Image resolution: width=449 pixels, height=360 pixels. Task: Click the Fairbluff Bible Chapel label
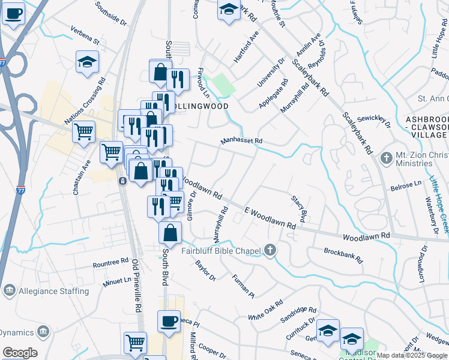tap(221, 251)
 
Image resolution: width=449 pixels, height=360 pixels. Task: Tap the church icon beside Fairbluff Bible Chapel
tap(270, 250)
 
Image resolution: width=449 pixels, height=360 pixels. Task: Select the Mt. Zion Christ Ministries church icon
tap(386, 158)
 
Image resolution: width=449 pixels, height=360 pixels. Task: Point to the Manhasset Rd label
tap(241, 141)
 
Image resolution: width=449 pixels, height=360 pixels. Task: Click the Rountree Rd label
tap(111, 263)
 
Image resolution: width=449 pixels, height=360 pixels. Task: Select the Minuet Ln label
tap(116, 280)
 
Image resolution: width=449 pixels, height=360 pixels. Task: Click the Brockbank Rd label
tap(343, 256)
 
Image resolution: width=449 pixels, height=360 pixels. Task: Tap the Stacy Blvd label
tap(299, 208)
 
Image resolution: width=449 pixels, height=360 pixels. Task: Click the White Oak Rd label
tap(265, 310)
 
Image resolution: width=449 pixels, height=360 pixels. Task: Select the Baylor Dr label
tap(205, 270)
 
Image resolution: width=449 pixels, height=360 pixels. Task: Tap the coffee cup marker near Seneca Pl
tap(169, 320)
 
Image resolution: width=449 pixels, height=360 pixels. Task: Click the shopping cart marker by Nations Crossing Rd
tap(84, 131)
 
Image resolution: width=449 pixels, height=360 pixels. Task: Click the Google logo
tap(20, 353)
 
